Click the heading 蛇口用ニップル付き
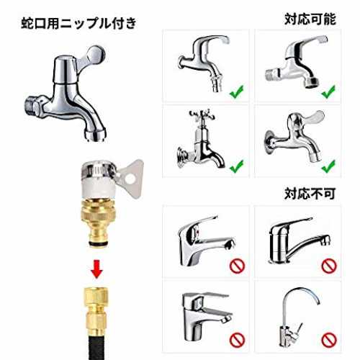pyautogui.click(x=78, y=24)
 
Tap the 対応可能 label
pyautogui.click(x=310, y=19)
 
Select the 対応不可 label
pyautogui.click(x=310, y=194)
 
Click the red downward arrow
pyautogui.click(x=96, y=269)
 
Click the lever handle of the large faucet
pyautogui.click(x=92, y=56)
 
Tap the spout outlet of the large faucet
pyautogui.click(x=95, y=136)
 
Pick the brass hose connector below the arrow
pyautogui.click(x=96, y=312)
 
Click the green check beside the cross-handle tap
pyautogui.click(x=237, y=166)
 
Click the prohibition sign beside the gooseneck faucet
pyautogui.click(x=329, y=340)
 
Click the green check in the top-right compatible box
pyautogui.click(x=328, y=92)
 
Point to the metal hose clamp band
pyautogui.click(x=99, y=171)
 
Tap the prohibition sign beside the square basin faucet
pyautogui.click(x=237, y=340)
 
